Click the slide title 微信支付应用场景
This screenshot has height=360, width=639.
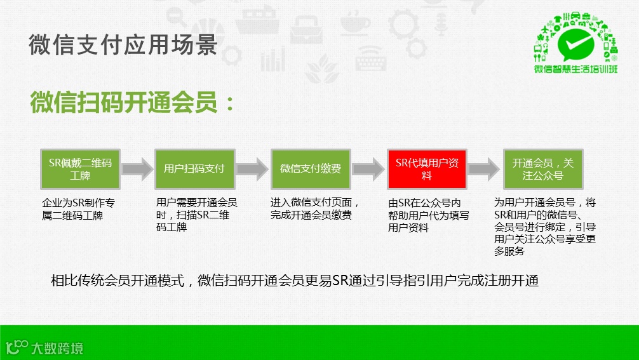click(123, 45)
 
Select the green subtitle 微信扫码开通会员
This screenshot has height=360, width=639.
click(132, 102)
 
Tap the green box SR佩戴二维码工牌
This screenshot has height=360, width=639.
click(79, 169)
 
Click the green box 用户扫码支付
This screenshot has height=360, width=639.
click(194, 169)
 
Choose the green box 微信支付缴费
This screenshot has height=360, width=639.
click(310, 169)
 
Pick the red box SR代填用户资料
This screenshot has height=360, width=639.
click(426, 169)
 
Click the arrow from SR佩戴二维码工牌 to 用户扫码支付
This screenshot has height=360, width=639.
click(137, 169)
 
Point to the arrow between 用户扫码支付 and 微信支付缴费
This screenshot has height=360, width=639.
click(252, 169)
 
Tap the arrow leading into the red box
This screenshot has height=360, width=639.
click(368, 169)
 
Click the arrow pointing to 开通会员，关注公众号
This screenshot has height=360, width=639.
click(484, 169)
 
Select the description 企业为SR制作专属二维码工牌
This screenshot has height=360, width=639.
click(79, 209)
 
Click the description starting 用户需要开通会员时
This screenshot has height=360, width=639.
click(196, 215)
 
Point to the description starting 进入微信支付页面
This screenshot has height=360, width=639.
click(315, 209)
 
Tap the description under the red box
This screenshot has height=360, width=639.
click(429, 215)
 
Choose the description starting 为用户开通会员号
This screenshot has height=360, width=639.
click(544, 227)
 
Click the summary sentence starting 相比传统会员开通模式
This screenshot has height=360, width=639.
click(294, 281)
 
